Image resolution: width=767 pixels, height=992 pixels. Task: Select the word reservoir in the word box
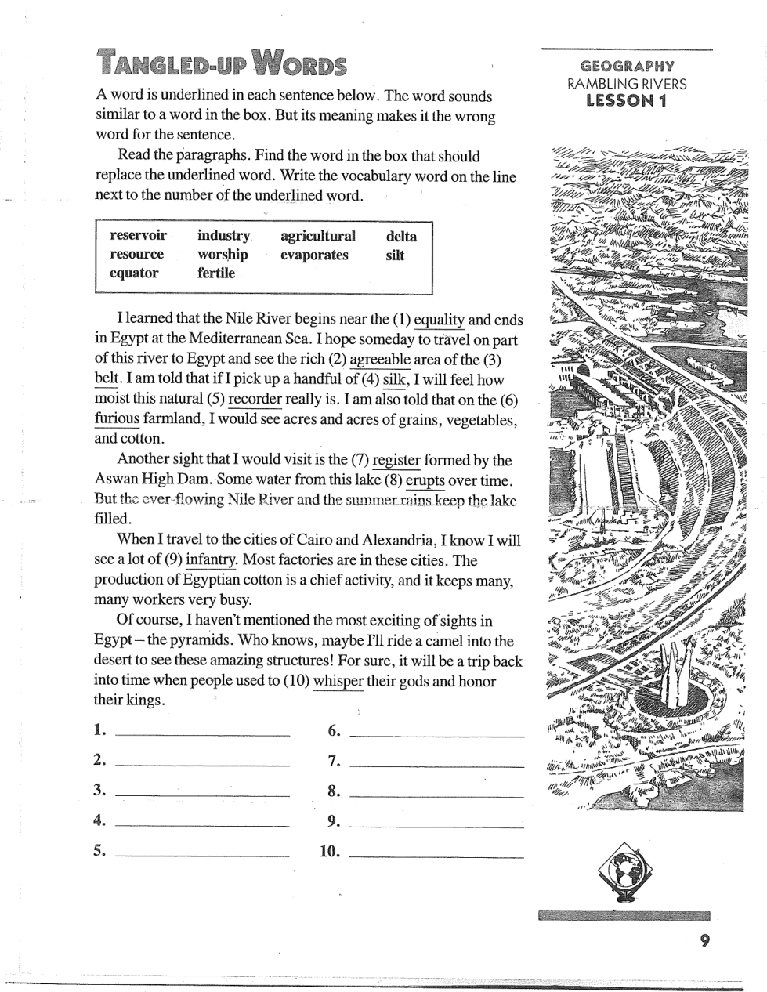tap(139, 236)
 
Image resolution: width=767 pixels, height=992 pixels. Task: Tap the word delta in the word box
tap(401, 236)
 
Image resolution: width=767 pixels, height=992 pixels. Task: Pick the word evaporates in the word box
tap(314, 255)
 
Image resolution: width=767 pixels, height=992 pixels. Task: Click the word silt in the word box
tap(395, 255)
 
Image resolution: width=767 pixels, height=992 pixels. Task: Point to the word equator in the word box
tap(134, 273)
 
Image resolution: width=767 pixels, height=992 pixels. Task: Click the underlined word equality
tap(439, 320)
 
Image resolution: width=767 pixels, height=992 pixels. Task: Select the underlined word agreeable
tap(379, 360)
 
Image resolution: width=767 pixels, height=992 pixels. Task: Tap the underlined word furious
tap(117, 419)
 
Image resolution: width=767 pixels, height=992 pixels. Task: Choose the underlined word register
tap(396, 460)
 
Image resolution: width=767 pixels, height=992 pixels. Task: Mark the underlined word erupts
tap(425, 480)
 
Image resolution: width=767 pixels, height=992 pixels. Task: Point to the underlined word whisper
tap(338, 681)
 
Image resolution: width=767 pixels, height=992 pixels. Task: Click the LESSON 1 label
tap(626, 100)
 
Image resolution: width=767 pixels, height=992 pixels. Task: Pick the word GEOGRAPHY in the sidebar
tap(627, 67)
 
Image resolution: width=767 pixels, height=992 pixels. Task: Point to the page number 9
tap(705, 942)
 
